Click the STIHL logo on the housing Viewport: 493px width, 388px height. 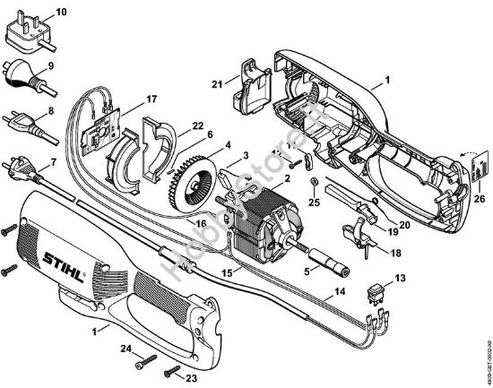68,259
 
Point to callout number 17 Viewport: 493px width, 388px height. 151,98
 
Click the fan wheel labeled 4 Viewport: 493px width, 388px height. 191,177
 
